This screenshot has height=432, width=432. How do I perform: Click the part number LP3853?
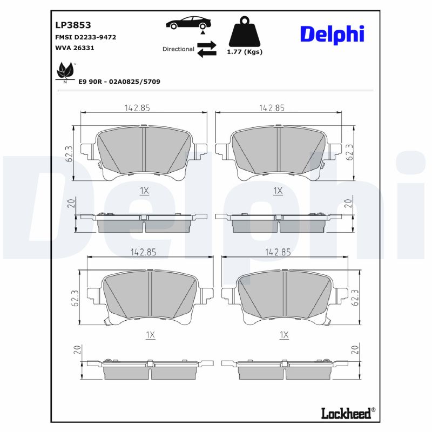coord(73,25)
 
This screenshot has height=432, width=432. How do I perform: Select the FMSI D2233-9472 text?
coord(86,37)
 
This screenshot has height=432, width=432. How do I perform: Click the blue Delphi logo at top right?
coord(332,35)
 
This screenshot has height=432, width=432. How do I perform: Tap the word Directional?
coord(178,49)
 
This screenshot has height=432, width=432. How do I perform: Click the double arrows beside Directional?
coord(206,49)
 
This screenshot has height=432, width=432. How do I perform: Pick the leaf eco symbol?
coord(66,72)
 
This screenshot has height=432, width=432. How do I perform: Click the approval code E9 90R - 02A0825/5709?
coord(119,82)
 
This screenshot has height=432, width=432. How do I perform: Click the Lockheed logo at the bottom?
coord(347,413)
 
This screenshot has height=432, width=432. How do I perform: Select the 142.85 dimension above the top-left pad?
coord(137,107)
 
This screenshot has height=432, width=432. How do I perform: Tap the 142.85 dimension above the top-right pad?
coord(272,107)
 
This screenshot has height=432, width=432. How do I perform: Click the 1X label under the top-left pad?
coord(144,191)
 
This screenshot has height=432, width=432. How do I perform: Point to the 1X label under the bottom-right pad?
coord(284,335)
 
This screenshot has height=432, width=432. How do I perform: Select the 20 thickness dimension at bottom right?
coord(355,349)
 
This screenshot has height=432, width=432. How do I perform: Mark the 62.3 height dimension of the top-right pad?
coord(350,152)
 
